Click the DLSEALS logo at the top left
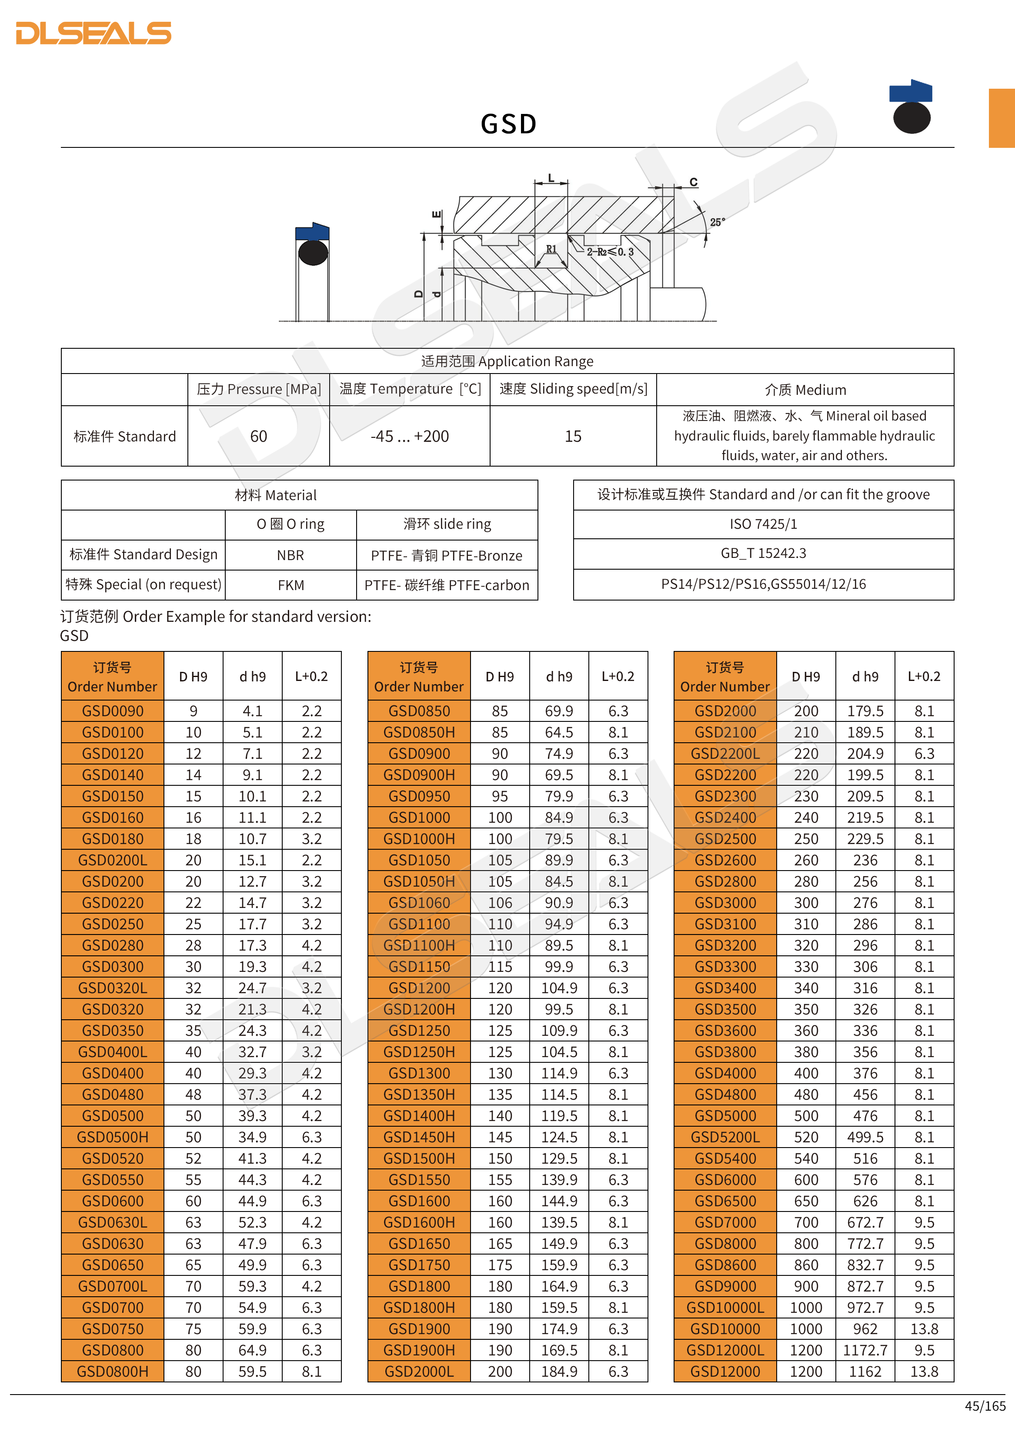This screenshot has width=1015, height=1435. (x=94, y=33)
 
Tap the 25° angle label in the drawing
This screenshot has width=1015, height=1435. (x=717, y=222)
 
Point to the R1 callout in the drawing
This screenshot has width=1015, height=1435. (x=551, y=249)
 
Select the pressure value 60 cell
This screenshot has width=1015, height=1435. (x=258, y=436)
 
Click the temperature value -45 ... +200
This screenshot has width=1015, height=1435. (x=409, y=436)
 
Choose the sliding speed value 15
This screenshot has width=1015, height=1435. (x=572, y=436)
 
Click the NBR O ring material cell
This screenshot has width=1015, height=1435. (x=290, y=555)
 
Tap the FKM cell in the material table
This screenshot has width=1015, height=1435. (x=290, y=585)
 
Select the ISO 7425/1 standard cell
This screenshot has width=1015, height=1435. (x=763, y=524)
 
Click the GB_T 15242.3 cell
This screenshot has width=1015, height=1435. (x=763, y=553)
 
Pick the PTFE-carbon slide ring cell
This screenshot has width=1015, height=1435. (x=447, y=585)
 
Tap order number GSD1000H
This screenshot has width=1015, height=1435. (x=419, y=839)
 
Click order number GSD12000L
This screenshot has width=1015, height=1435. (x=725, y=1350)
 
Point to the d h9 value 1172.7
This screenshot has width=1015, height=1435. (x=865, y=1350)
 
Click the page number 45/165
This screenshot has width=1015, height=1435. (x=985, y=1406)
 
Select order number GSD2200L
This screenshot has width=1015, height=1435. (x=725, y=754)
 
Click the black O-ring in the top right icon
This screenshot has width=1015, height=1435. (x=912, y=117)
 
